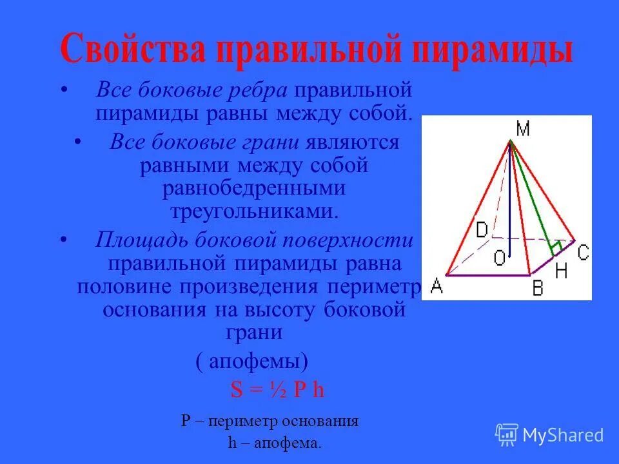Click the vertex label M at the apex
(x=523, y=130)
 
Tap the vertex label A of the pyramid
(x=437, y=285)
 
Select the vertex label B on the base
(x=537, y=287)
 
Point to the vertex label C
(x=582, y=253)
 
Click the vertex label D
(x=482, y=229)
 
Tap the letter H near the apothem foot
(x=560, y=271)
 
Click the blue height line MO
(x=509, y=206)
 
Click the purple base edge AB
(x=487, y=275)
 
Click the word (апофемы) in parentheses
(x=252, y=361)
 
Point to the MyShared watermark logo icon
(x=506, y=434)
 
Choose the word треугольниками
(x=254, y=211)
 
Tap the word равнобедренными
(x=254, y=188)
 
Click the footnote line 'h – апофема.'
(x=274, y=443)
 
